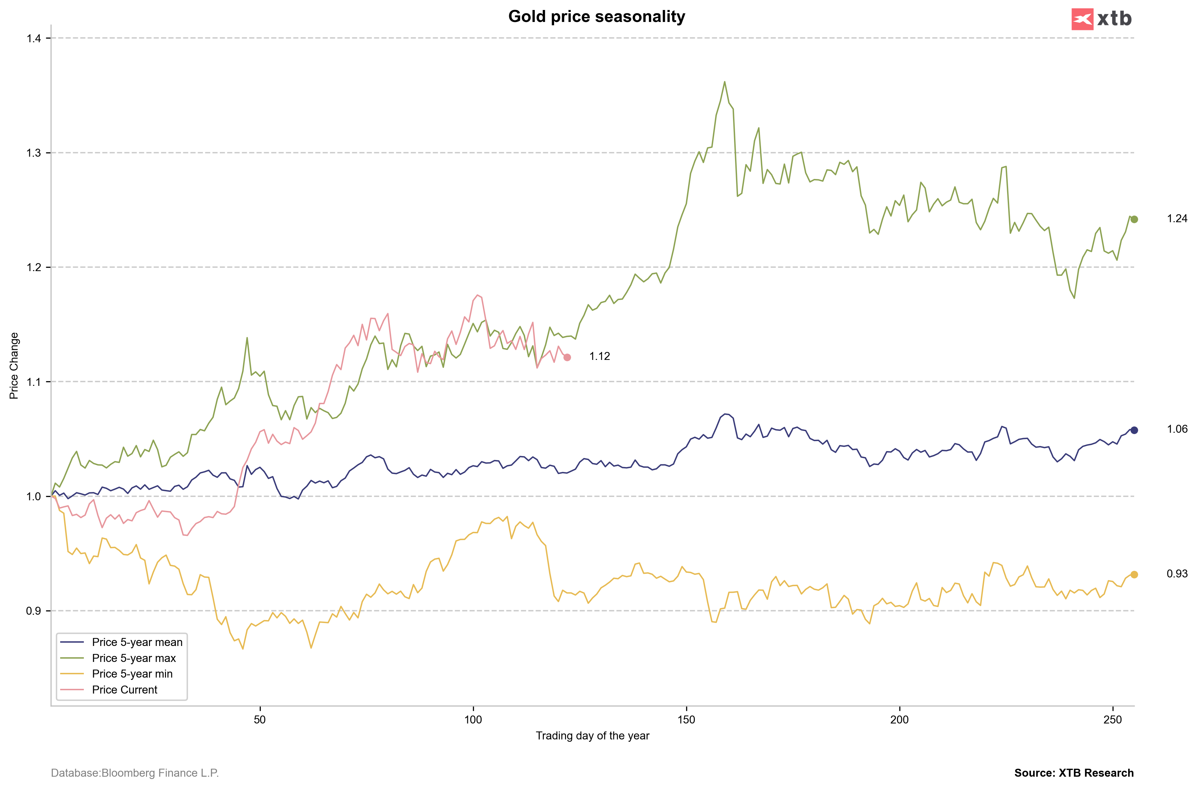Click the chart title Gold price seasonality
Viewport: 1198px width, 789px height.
pyautogui.click(x=596, y=17)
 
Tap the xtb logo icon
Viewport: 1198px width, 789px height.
pyautogui.click(x=1082, y=19)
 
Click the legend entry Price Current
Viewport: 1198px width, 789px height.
pyautogui.click(x=124, y=690)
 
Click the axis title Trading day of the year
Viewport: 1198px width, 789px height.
pyautogui.click(x=592, y=736)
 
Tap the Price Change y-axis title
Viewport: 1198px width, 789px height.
pyautogui.click(x=14, y=366)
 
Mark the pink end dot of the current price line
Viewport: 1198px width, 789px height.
pyautogui.click(x=567, y=358)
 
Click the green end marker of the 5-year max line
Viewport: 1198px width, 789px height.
pyautogui.click(x=1134, y=220)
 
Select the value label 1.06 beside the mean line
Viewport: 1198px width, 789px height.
pyautogui.click(x=1177, y=429)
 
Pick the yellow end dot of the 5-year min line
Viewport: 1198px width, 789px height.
pyautogui.click(x=1134, y=574)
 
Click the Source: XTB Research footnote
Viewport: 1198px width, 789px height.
pyautogui.click(x=1074, y=773)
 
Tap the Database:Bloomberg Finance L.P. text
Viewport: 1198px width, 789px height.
pyautogui.click(x=135, y=773)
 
